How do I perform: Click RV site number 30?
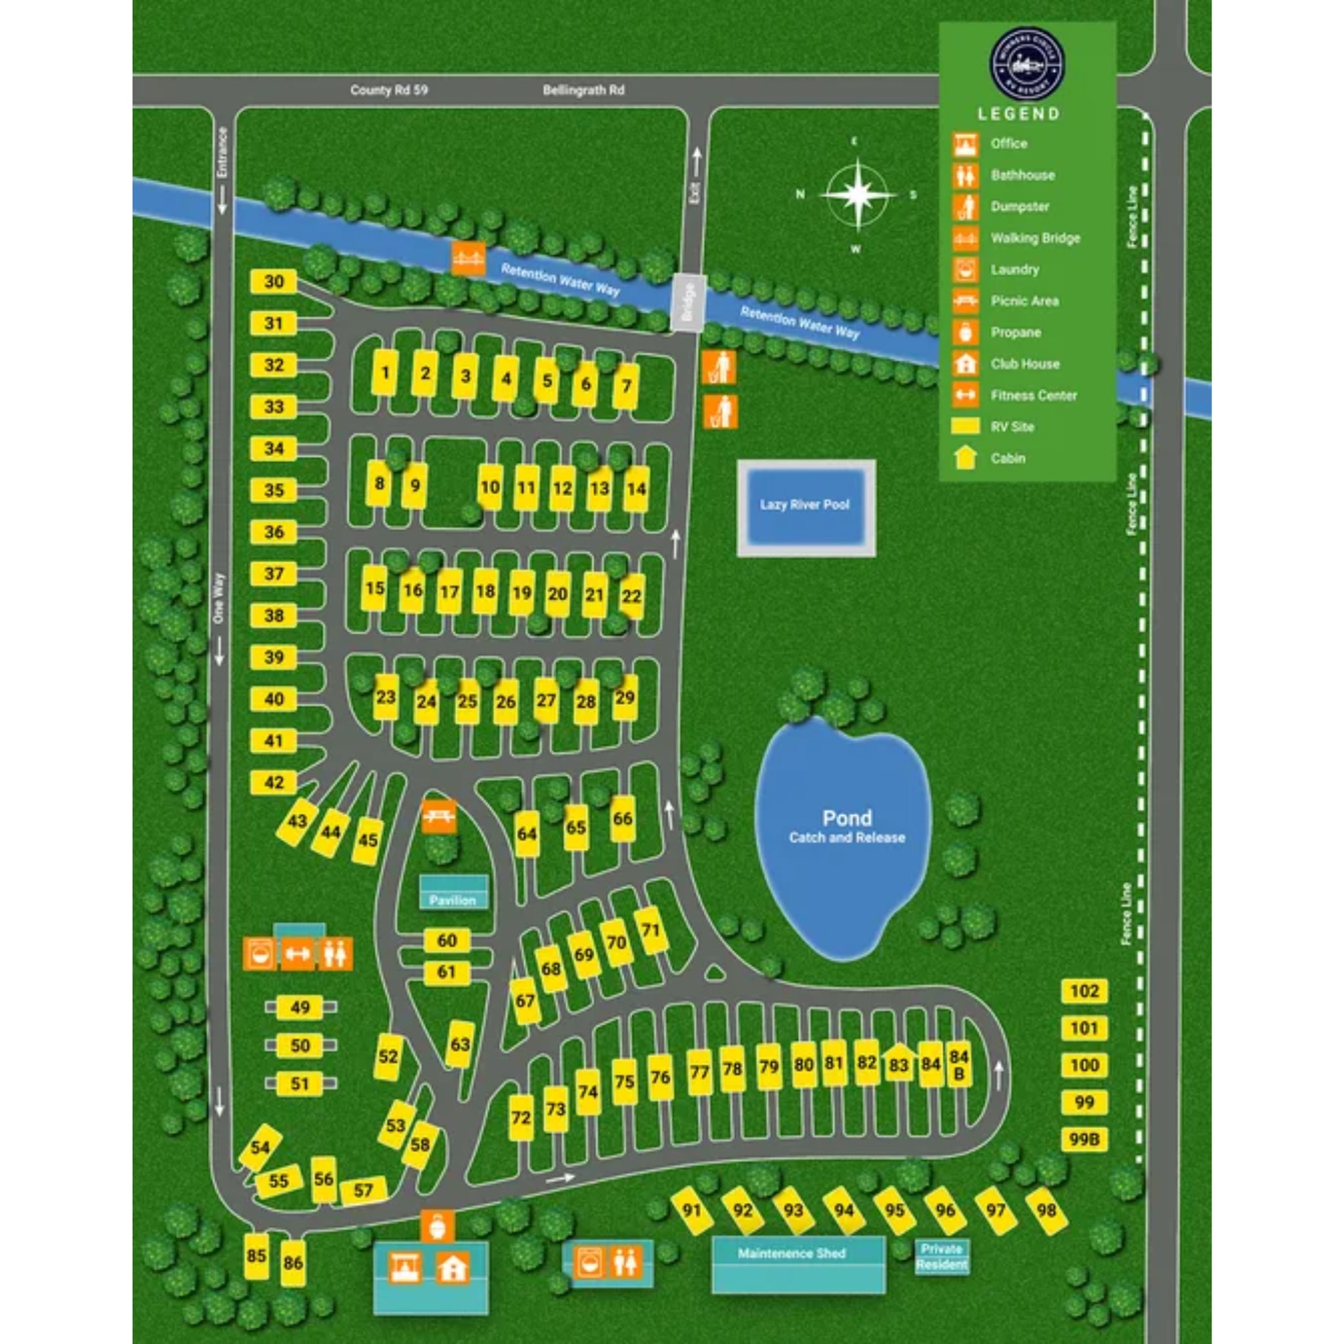coord(274,282)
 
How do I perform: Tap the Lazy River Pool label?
coord(805,505)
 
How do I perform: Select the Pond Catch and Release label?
coord(847,826)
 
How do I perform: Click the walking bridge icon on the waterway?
coord(468,259)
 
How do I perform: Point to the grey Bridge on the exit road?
coord(688,303)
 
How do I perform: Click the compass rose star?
coord(858,195)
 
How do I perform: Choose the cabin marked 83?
coord(899,1064)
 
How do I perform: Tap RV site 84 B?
coord(959,1066)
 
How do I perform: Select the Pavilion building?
coord(453,892)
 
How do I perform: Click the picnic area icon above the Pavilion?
coord(440,815)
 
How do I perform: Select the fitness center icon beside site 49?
coord(298,954)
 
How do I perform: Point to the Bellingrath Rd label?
coord(583,91)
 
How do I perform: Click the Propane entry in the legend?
coord(1015,333)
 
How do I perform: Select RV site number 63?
coord(460,1043)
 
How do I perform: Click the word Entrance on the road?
coord(222,152)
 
